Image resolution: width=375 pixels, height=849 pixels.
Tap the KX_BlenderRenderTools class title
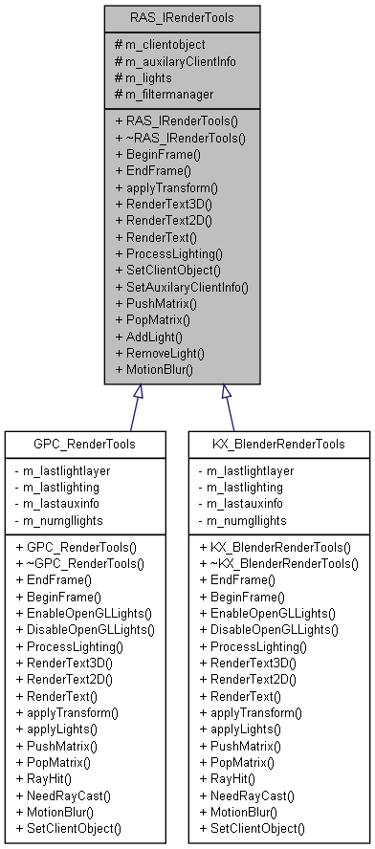277,444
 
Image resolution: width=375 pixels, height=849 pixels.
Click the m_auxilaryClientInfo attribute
174,61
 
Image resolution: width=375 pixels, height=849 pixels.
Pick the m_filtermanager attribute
165,94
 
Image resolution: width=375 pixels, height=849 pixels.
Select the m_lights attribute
147,77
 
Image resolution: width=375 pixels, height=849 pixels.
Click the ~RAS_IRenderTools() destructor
180,138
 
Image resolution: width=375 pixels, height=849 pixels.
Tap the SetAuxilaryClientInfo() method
181,286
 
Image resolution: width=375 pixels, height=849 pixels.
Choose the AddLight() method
148,335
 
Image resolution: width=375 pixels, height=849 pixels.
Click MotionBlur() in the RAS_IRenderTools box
153,367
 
